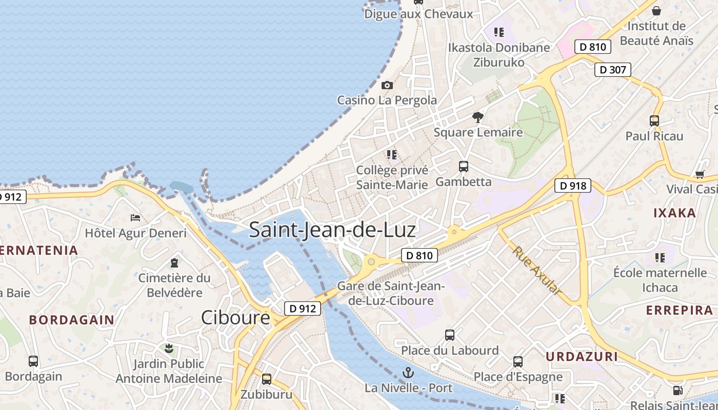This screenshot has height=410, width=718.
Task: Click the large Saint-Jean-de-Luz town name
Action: click(x=332, y=230)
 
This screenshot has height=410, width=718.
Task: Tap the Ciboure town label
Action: click(x=235, y=318)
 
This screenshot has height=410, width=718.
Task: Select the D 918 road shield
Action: click(x=572, y=186)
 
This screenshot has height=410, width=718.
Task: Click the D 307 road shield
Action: click(x=612, y=70)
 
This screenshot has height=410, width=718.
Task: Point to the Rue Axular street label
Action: click(x=537, y=271)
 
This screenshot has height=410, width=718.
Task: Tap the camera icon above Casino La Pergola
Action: click(x=387, y=85)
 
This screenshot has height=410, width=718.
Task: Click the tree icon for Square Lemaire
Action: click(x=478, y=117)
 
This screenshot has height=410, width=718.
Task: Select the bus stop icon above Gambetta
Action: click(x=464, y=167)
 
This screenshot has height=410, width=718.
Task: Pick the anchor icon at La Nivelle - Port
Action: click(x=409, y=373)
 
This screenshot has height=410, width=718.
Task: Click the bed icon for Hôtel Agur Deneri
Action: click(x=135, y=218)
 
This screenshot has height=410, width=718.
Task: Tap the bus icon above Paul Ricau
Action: click(x=654, y=121)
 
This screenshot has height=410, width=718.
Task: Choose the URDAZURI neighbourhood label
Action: click(x=580, y=357)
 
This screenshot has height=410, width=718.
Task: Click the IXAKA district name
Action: click(x=674, y=213)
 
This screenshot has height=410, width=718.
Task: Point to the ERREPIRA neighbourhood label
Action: click(x=680, y=311)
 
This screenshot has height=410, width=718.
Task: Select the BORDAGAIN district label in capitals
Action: click(x=72, y=320)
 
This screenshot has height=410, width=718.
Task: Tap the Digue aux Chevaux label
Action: click(x=418, y=14)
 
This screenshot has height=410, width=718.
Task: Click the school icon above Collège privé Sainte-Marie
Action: click(x=392, y=154)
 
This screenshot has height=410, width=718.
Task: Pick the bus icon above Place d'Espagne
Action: click(x=518, y=362)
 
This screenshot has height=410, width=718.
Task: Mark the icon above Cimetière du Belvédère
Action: click(x=174, y=263)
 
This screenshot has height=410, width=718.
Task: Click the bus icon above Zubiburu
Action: click(x=267, y=379)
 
